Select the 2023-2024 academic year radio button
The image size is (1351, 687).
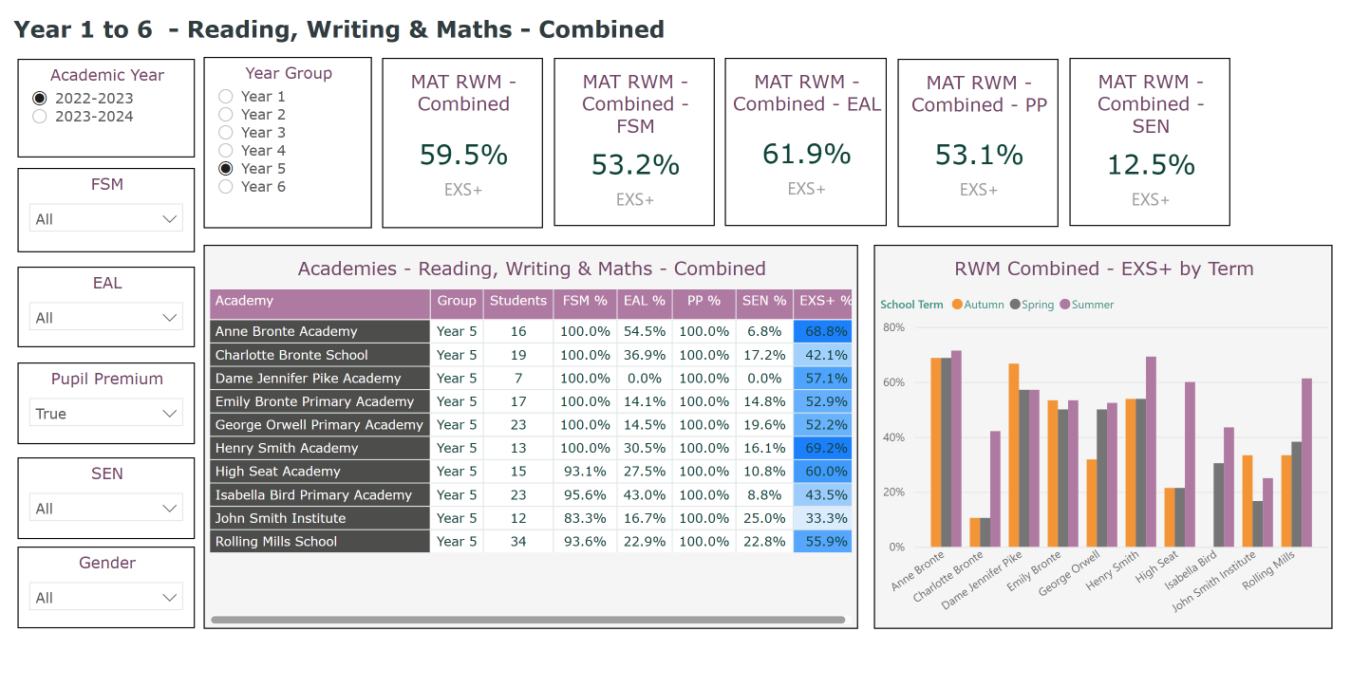[40, 117]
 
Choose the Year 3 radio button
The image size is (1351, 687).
[226, 133]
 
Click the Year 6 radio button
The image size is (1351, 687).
[226, 187]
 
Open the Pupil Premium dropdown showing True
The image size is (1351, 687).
[105, 414]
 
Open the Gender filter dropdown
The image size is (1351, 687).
[105, 598]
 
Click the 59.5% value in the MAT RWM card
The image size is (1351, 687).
[463, 155]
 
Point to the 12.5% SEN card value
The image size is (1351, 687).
[1151, 165]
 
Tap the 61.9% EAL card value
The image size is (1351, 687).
[806, 154]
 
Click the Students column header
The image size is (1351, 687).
[517, 301]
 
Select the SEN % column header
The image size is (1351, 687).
[765, 301]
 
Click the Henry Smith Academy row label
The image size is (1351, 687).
[287, 448]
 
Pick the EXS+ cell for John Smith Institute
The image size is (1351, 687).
[823, 518]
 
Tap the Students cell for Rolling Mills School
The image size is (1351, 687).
[517, 542]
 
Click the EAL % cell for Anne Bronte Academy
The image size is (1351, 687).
[645, 331]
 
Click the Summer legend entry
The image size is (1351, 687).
[1087, 305]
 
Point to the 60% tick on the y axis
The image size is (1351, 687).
[893, 382]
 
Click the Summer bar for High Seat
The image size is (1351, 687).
[1190, 465]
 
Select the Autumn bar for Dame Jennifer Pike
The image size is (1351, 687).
[1014, 455]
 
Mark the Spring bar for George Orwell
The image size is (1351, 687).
[1102, 478]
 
